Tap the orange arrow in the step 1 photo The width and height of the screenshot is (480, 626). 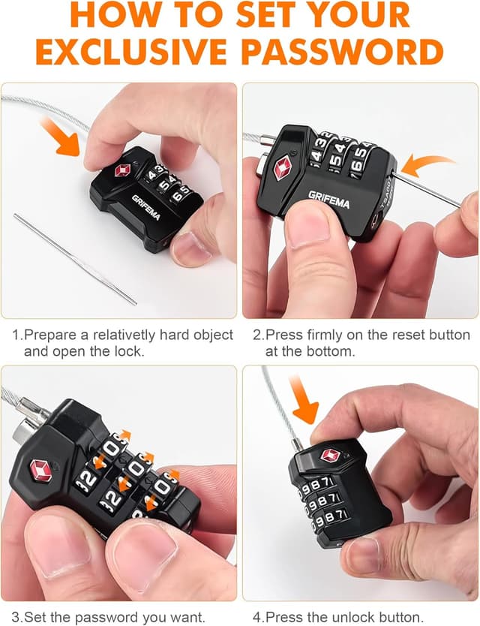tap(61, 136)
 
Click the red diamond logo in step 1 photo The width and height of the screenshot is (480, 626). tap(123, 170)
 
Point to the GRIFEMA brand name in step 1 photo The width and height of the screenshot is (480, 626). tap(146, 208)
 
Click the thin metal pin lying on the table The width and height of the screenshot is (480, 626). tap(76, 259)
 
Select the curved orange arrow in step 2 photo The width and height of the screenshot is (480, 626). tap(427, 165)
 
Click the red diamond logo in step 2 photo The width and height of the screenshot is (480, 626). tap(283, 167)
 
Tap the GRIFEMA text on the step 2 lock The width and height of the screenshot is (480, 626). tap(328, 199)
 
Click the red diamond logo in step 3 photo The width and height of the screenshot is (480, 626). tap(41, 471)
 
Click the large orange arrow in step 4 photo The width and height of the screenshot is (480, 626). tap(302, 399)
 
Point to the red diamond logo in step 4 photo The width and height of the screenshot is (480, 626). tap(330, 455)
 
